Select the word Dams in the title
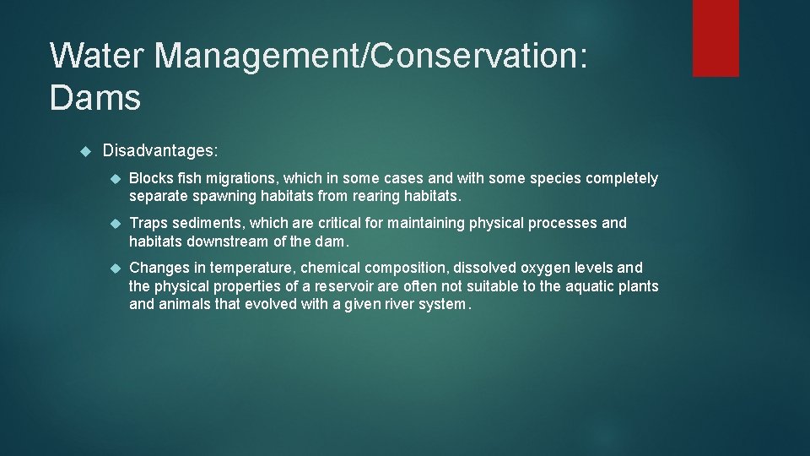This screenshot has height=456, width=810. [x=95, y=98]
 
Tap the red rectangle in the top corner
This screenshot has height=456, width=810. [x=715, y=37]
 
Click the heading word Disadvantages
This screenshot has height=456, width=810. [x=160, y=150]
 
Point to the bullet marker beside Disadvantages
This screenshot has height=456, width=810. [x=84, y=150]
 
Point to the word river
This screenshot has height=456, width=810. [x=394, y=304]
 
